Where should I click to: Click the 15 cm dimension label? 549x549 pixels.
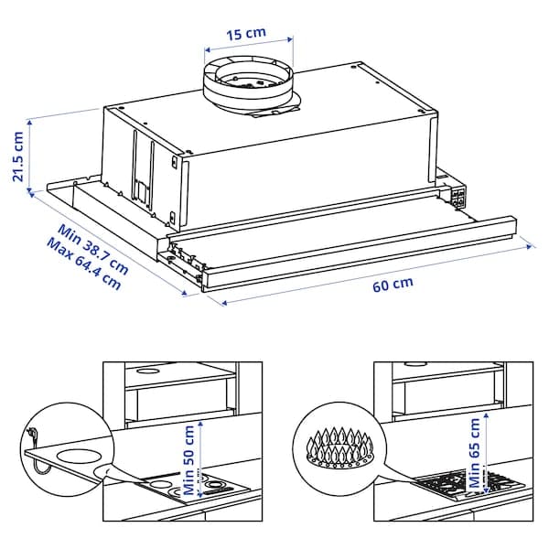247,33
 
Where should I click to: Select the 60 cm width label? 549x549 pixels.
393,285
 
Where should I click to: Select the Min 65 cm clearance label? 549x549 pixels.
474,455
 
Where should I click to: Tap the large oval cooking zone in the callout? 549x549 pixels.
77,457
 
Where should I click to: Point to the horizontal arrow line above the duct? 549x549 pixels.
247,43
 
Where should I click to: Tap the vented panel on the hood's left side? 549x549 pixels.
142,169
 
